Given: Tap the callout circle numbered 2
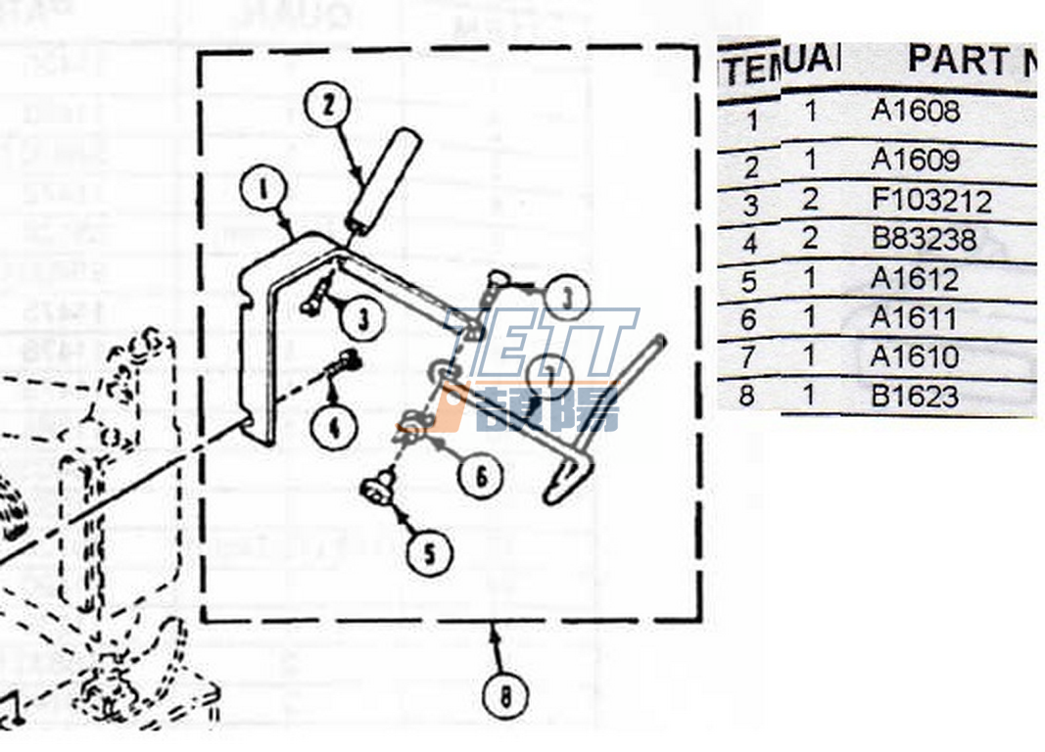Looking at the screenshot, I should (328, 105).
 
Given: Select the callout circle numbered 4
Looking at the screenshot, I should (334, 428).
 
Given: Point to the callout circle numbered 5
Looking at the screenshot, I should (430, 553).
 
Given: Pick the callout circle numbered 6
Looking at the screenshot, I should (480, 477).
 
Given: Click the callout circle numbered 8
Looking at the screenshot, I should (505, 695).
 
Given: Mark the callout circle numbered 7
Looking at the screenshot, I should (551, 374).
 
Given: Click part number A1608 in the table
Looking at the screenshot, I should (916, 112).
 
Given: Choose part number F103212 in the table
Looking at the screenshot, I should (931, 202).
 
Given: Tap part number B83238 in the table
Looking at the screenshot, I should (924, 239).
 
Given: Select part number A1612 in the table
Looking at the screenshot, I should (916, 279).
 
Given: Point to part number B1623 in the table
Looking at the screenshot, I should (916, 398).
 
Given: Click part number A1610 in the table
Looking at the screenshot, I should (916, 357).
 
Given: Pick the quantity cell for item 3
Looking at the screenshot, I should (810, 201).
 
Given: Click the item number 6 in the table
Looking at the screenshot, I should (749, 320).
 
